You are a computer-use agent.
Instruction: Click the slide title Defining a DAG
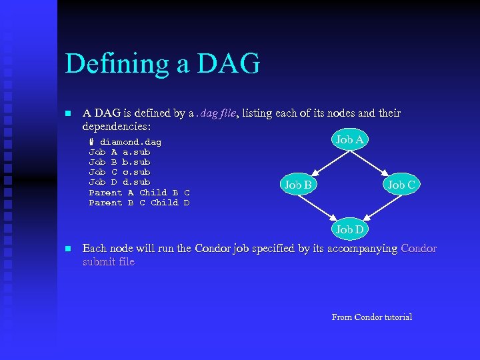point(162,64)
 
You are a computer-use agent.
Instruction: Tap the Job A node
point(349,139)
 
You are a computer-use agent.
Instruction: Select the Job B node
point(298,185)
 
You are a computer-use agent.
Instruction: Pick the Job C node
point(401,185)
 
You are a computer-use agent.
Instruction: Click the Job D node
point(349,229)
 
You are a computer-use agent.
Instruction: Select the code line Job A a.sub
point(119,152)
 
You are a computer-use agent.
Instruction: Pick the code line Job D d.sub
point(119,182)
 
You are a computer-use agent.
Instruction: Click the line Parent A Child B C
point(139,193)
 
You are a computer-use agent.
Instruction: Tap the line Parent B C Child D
point(139,203)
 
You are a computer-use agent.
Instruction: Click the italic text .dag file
point(211,113)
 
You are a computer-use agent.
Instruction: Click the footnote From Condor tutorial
point(371,317)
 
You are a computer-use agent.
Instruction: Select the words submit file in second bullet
point(108,262)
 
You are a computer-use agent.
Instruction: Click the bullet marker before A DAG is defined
point(67,114)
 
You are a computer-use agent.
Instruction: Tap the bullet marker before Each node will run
point(67,249)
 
